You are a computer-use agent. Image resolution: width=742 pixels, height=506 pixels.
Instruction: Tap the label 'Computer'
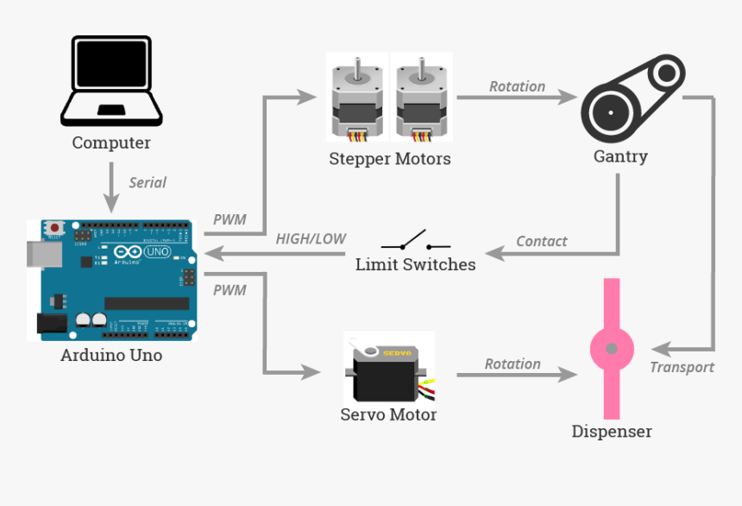tap(111, 143)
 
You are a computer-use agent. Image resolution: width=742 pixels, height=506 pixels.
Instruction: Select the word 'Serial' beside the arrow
tap(148, 182)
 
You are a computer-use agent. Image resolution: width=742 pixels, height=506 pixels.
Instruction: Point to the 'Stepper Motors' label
tap(389, 159)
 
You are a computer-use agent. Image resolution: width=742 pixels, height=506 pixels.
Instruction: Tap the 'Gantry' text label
tap(619, 156)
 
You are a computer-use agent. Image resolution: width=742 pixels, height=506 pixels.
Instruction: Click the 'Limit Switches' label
tap(415, 264)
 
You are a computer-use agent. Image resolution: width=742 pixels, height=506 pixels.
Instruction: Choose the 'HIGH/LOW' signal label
tap(311, 238)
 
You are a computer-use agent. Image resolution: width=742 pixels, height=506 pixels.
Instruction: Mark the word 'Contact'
tap(541, 241)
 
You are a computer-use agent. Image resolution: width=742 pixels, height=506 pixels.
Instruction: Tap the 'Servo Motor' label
tap(388, 414)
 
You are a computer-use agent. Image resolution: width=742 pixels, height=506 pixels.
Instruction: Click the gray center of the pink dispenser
tap(612, 349)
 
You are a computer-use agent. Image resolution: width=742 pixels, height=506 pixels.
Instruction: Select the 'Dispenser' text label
tap(612, 431)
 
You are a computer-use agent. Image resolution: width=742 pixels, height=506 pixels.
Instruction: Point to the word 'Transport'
tap(682, 367)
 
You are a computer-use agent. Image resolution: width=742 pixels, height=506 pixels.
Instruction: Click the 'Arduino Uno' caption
tap(111, 355)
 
